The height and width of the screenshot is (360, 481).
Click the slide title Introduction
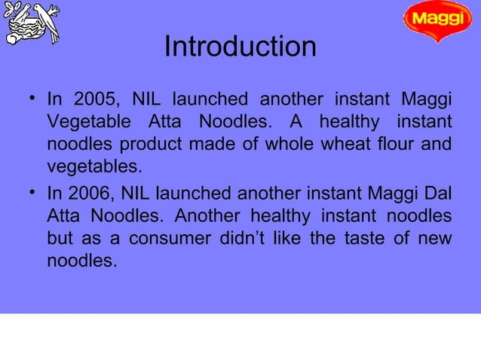(240, 47)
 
